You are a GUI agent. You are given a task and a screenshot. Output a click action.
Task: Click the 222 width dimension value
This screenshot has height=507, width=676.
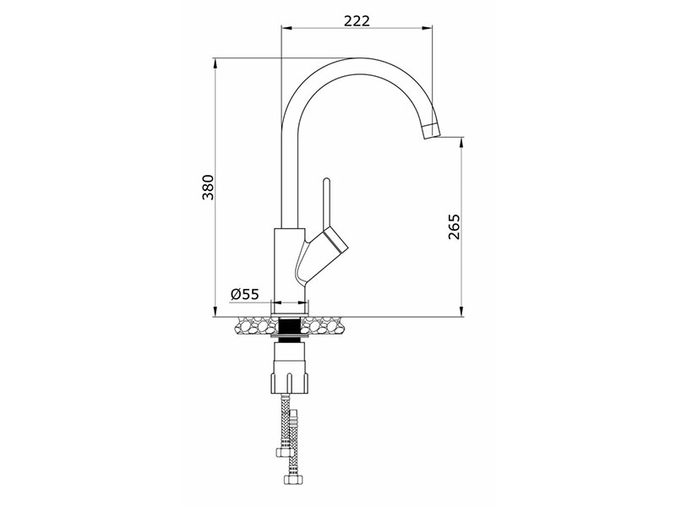[x=357, y=20]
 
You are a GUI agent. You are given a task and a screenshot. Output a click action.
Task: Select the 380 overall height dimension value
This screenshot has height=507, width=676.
[x=208, y=188]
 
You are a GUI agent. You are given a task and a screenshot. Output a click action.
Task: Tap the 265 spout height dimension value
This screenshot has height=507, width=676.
[x=454, y=226]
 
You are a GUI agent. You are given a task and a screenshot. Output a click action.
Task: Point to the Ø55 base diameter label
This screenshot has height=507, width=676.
[x=244, y=294]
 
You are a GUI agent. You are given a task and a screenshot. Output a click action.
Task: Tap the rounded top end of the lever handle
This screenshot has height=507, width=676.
[x=326, y=181]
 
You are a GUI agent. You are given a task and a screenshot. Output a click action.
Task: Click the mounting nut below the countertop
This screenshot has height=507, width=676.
[x=290, y=370]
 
